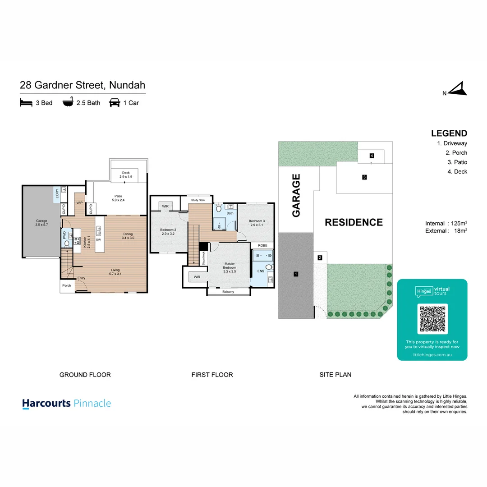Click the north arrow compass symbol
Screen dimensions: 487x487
tap(459, 89)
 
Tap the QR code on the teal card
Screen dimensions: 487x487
tap(432, 318)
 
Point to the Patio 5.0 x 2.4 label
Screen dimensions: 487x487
tap(118, 198)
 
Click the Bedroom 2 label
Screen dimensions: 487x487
tap(168, 232)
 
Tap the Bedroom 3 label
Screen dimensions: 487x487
tap(256, 222)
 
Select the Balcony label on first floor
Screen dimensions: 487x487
tap(228, 292)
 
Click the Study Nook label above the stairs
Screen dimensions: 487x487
tap(198, 199)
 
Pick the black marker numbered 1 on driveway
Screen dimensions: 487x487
tap(296, 274)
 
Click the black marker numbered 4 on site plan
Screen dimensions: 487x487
tap(372, 156)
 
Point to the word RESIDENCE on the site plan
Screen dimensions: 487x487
tap(354, 222)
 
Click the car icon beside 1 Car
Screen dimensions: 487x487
tap(115, 103)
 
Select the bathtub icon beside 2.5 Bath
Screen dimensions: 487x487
tap(68, 103)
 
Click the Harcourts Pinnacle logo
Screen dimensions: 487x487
tap(66, 403)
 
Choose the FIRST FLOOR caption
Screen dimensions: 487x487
tap(212, 375)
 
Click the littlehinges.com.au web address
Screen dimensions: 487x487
tap(432, 355)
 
